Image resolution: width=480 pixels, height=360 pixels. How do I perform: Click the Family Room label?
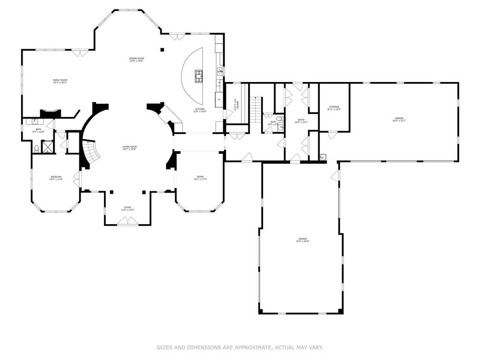coord(60,82)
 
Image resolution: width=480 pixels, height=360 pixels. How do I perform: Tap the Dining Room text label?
coord(136,60)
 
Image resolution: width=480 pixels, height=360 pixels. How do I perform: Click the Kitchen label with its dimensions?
coord(200,110)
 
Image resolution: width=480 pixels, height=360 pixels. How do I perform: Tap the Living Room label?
coord(129,148)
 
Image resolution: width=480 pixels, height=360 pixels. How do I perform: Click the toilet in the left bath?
coord(37,149)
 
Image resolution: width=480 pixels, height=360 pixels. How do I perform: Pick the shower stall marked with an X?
coord(48,147)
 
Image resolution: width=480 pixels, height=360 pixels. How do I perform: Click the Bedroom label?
coord(56,178)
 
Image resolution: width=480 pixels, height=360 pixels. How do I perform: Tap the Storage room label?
coord(334,108)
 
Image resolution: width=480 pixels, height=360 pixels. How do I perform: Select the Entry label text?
coord(300,121)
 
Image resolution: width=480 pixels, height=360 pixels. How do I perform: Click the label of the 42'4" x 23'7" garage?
coord(399,120)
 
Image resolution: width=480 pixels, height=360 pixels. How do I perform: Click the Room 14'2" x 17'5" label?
coord(200,178)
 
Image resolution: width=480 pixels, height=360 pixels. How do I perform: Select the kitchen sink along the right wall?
coord(219,71)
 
